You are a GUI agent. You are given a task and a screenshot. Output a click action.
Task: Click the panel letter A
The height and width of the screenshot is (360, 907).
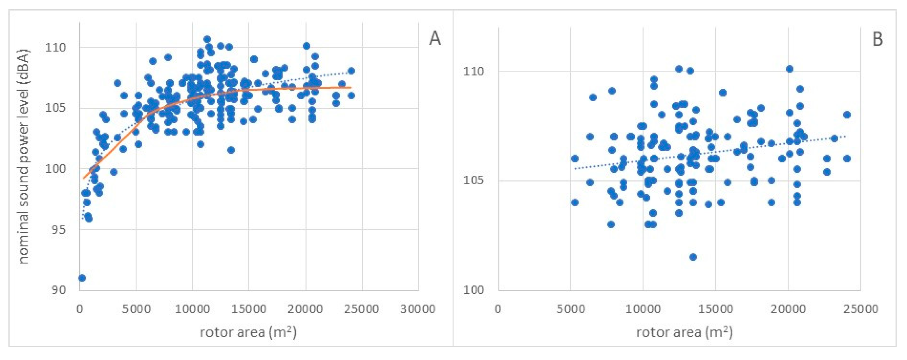[x=435, y=38]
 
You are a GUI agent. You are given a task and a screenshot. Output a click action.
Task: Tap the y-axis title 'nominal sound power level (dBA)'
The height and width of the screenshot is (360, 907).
[x=24, y=156]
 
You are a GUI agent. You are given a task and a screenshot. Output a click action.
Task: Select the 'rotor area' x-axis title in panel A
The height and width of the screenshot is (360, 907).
[x=248, y=332]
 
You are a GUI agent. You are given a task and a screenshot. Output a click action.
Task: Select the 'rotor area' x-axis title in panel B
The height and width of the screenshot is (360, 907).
[x=684, y=332]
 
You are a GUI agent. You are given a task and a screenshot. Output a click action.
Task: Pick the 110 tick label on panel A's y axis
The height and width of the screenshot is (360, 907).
[x=56, y=47]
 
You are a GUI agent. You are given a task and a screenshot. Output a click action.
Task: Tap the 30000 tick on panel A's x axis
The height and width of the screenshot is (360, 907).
[x=418, y=309]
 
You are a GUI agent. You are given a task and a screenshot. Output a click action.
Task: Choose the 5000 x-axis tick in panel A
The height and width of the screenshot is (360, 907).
[x=136, y=309]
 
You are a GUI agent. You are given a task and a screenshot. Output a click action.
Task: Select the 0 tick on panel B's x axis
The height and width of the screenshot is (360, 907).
[x=498, y=309]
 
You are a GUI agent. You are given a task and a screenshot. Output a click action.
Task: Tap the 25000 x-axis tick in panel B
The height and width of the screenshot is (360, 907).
[x=860, y=309]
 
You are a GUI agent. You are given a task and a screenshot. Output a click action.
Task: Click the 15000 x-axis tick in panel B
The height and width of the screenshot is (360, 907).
[x=715, y=309]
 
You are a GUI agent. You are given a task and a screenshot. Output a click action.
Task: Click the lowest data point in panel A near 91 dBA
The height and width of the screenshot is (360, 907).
[x=82, y=278]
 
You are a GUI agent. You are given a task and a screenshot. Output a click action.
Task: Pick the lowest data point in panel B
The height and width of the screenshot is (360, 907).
[x=693, y=257]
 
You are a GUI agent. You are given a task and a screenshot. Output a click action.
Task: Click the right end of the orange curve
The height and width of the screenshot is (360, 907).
[x=351, y=87]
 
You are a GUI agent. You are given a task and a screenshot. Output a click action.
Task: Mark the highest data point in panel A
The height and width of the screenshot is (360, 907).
[x=207, y=39]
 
